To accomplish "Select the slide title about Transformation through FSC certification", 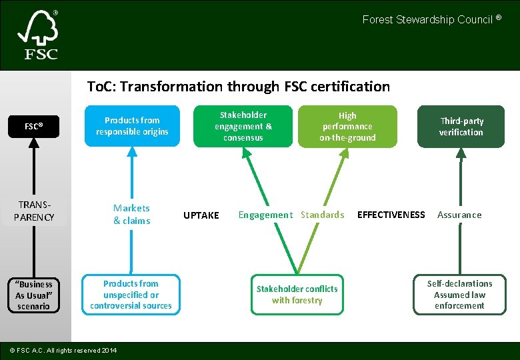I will [239, 86].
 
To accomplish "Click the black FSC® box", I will [34, 126].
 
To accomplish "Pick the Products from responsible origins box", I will [132, 126].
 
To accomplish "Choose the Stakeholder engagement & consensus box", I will [243, 126].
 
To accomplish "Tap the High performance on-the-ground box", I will [347, 126].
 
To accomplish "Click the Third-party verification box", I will [461, 127].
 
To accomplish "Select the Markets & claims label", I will [132, 215].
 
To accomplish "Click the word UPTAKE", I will [201, 215].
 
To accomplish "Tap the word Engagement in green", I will [265, 215].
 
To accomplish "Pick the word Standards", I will [323, 215].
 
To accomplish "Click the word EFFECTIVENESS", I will [391, 215].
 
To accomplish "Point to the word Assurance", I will [459, 215].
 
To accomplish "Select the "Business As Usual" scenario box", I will [34, 295].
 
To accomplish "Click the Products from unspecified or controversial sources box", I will [131, 295].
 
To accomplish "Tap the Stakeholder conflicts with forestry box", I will [297, 295].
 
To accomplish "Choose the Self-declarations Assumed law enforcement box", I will [459, 295].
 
